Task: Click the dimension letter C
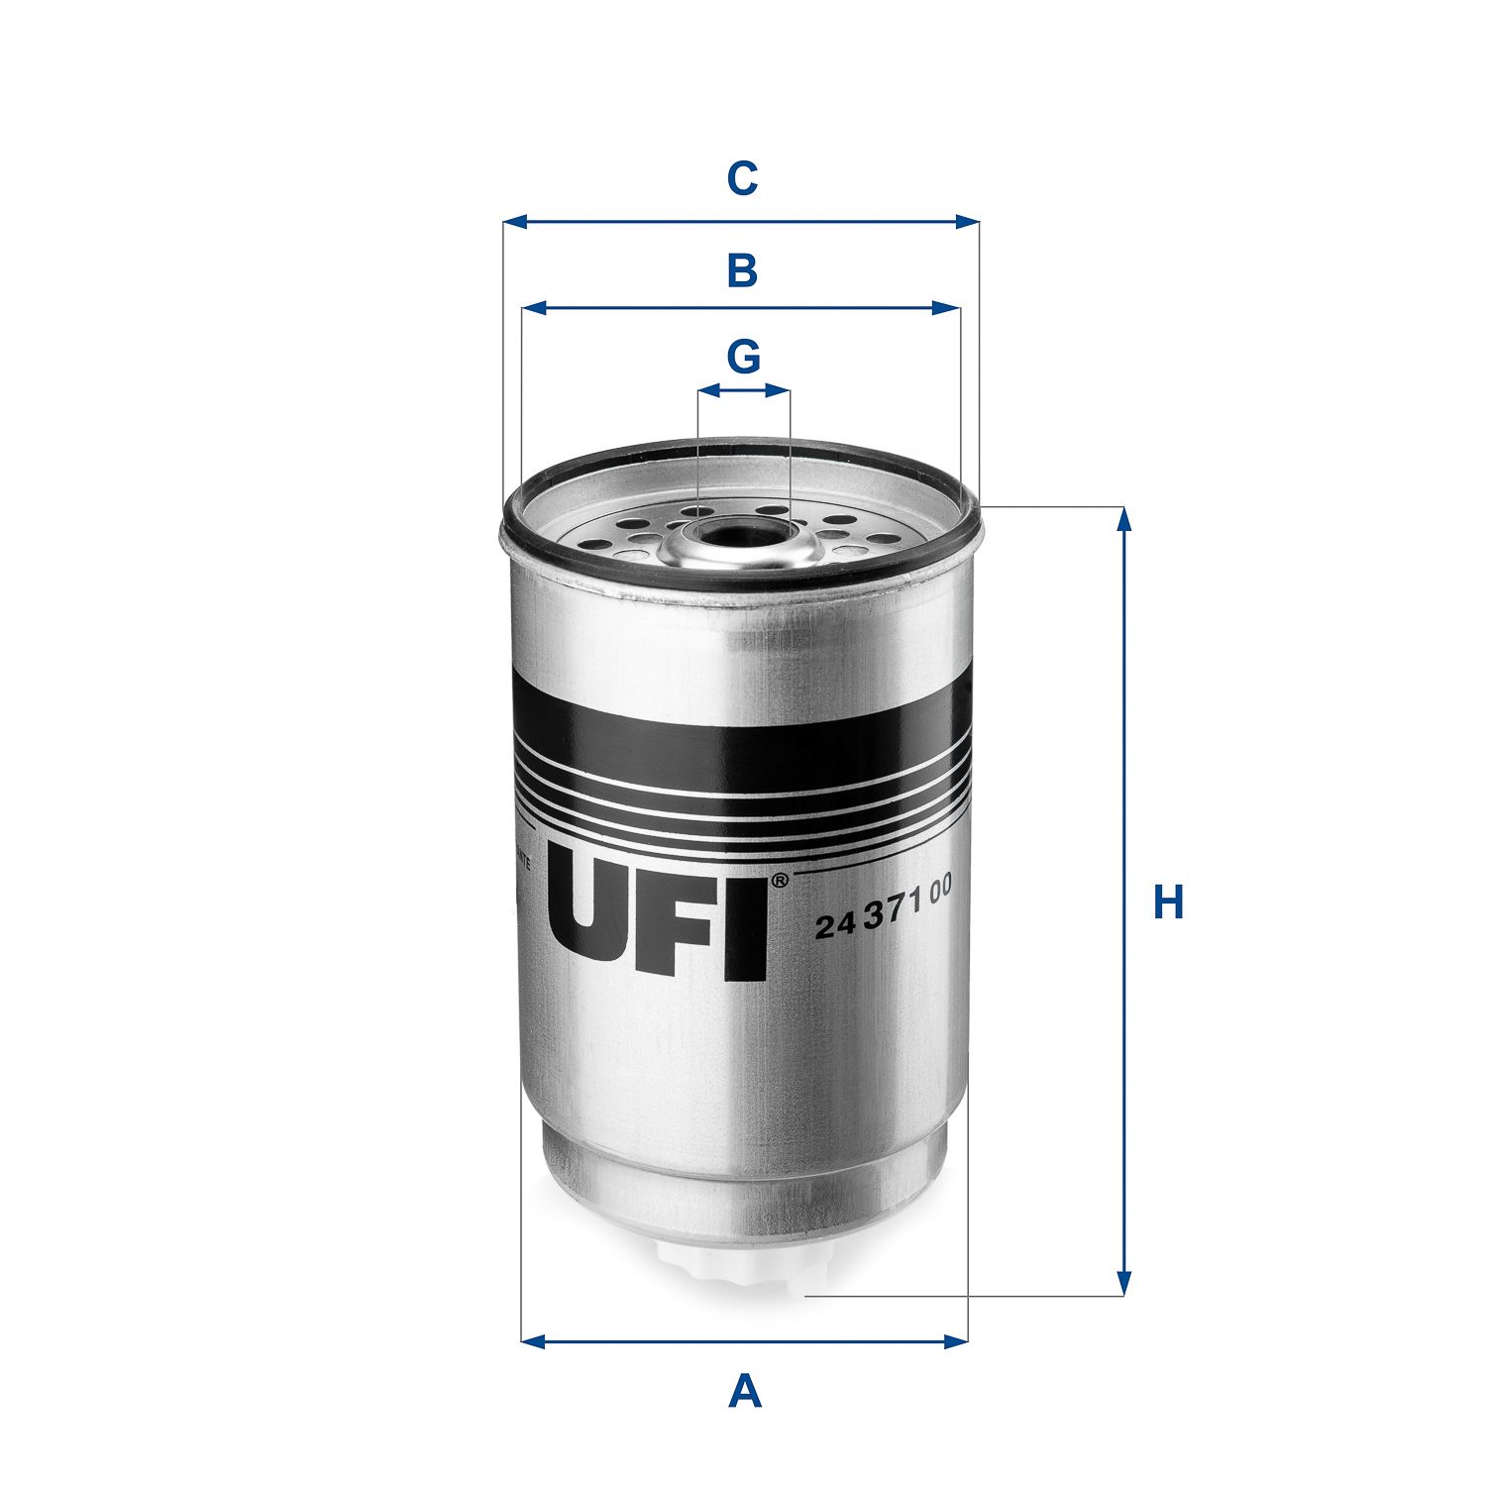click(742, 179)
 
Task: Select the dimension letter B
click(742, 270)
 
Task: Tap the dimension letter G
click(743, 357)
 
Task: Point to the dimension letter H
click(1168, 902)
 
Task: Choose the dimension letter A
click(744, 1392)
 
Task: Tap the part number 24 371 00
click(883, 910)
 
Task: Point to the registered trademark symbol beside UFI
click(780, 880)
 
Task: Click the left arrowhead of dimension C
click(513, 222)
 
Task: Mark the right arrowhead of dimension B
click(950, 309)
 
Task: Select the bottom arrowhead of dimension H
click(1122, 1284)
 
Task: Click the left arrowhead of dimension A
click(532, 1342)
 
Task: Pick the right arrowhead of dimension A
click(956, 1342)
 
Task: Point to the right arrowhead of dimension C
click(968, 222)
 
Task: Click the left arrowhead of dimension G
click(706, 391)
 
